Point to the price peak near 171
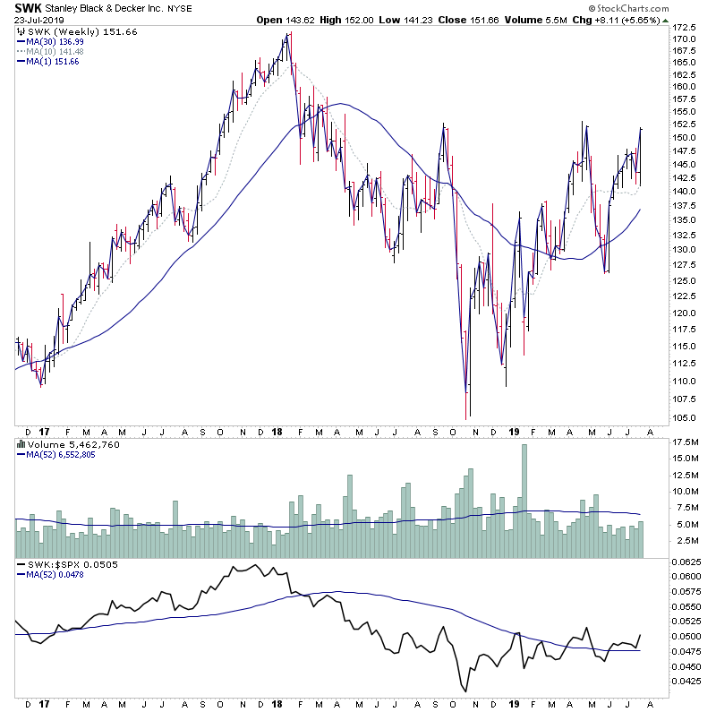click(288, 35)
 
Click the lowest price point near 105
click(466, 417)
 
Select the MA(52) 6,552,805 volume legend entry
click(62, 454)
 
